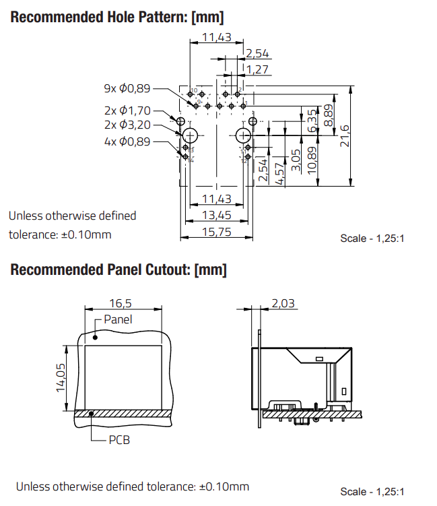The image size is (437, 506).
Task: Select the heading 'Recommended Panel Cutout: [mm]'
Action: point(119,270)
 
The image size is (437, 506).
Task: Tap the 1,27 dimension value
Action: point(258,69)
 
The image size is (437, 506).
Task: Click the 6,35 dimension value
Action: point(312,121)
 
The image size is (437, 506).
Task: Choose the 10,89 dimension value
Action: point(312,160)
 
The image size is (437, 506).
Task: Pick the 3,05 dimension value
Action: point(296,162)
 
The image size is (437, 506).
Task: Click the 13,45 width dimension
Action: point(216,215)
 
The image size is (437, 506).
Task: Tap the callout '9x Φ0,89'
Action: point(127,88)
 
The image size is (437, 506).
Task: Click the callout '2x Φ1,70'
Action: point(127,110)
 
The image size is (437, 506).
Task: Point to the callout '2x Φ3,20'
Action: point(127,125)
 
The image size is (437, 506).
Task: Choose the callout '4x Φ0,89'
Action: point(127,141)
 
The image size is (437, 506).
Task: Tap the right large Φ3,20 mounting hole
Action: point(243,135)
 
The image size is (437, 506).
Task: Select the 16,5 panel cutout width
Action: point(122,303)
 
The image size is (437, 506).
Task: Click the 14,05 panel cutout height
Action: point(60,377)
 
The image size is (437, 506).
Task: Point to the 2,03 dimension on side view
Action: point(283,304)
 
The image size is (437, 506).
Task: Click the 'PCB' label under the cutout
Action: point(119,440)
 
